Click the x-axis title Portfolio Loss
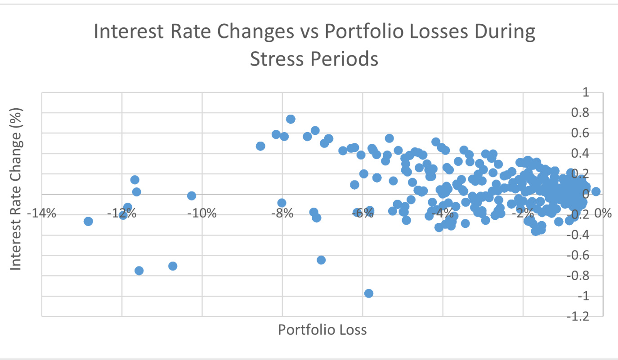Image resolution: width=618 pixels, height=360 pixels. (x=322, y=330)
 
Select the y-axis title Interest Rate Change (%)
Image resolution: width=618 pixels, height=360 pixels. (x=16, y=189)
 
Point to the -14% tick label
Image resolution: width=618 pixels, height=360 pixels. (x=42, y=213)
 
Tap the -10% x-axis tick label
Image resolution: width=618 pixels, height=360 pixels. (x=202, y=213)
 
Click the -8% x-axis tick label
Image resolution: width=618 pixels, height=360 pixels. (x=282, y=213)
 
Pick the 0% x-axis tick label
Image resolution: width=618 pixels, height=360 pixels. (x=603, y=213)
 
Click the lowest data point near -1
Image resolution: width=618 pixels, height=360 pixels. (x=369, y=293)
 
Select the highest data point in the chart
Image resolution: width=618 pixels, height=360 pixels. (x=291, y=119)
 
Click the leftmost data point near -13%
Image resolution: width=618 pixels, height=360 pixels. (x=88, y=221)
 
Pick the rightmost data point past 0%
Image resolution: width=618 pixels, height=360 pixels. (x=596, y=191)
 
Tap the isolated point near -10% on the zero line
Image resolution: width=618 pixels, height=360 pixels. (x=192, y=196)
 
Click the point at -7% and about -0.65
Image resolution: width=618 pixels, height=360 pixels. (x=321, y=260)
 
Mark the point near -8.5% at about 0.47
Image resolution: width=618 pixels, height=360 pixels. (x=260, y=146)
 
